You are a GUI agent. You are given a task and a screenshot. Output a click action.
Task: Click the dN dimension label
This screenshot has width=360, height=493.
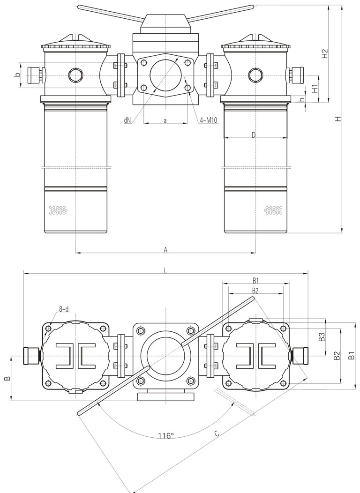127,120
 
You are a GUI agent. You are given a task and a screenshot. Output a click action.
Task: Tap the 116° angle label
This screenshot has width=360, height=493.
165,436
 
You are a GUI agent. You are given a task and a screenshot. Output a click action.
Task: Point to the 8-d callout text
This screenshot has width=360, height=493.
64,309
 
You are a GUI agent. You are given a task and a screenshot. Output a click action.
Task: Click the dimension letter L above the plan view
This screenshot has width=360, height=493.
165,270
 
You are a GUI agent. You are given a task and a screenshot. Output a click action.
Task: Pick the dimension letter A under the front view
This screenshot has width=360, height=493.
165,250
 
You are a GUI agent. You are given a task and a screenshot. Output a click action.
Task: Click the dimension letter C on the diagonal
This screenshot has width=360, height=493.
216,434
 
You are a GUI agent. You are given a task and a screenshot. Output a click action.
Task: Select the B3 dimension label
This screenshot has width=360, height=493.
322,337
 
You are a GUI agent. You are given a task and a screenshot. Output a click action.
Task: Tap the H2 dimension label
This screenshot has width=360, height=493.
324,54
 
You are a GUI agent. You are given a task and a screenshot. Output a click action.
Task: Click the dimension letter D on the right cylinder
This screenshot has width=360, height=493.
254,135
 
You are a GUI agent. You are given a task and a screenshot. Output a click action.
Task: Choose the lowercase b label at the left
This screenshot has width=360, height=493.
17,75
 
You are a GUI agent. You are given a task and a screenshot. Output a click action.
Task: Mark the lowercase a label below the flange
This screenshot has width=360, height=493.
165,120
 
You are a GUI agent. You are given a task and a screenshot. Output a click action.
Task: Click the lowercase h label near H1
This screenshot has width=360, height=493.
302,99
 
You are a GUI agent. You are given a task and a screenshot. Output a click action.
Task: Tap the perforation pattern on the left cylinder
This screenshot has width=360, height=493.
58,210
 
